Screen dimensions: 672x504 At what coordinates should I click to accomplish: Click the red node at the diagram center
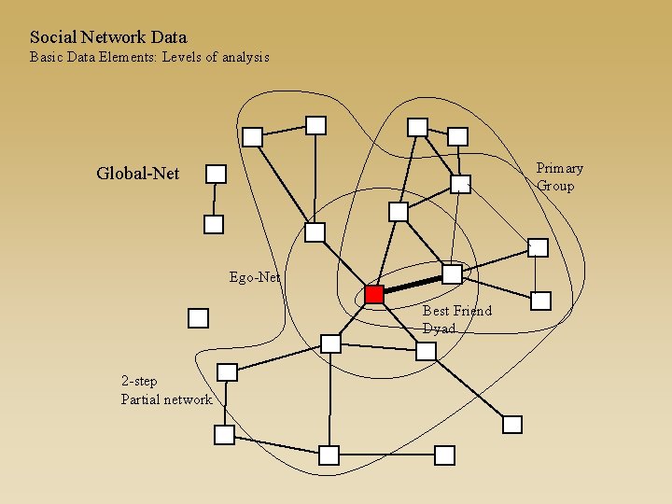374,295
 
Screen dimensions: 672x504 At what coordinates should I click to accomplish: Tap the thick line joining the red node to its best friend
413,284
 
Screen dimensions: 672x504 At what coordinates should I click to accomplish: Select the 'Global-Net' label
138,174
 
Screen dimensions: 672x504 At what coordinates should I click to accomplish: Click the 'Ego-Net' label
254,277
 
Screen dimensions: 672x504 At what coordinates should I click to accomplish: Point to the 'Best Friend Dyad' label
456,319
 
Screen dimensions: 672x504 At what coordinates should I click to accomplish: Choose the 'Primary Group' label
559,176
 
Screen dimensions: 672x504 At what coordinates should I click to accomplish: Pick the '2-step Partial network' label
166,390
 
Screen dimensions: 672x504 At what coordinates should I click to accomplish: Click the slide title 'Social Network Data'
108,37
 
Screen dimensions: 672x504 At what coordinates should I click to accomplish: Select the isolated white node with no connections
198,318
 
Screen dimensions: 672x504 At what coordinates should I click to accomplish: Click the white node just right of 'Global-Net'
216,174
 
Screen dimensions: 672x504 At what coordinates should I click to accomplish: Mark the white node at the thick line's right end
452,274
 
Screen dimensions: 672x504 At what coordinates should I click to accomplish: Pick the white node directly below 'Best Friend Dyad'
426,351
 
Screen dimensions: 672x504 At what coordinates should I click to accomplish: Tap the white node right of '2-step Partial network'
227,372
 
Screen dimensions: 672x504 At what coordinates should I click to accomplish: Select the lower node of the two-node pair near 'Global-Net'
214,224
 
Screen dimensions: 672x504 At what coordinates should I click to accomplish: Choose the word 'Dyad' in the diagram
439,329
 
